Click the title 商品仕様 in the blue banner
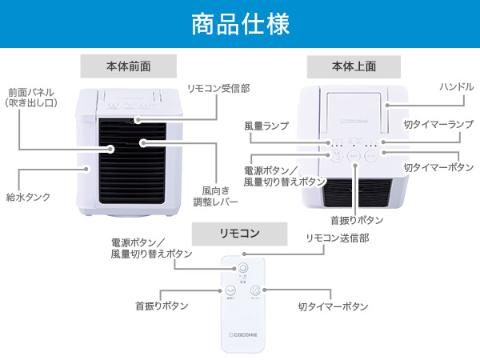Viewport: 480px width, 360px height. pos(240,24)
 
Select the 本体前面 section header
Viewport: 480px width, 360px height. pos(128,66)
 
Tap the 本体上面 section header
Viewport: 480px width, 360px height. pos(354,66)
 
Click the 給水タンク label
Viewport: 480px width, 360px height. pos(28,196)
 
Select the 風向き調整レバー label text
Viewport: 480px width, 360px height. pos(218,196)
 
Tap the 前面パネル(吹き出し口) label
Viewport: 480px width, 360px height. pos(34,97)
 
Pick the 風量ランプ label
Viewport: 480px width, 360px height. pos(266,126)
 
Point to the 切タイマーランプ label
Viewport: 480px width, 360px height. pos(438,125)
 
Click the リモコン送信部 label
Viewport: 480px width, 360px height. pos(338,238)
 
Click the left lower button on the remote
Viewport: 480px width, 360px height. pos(231,291)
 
